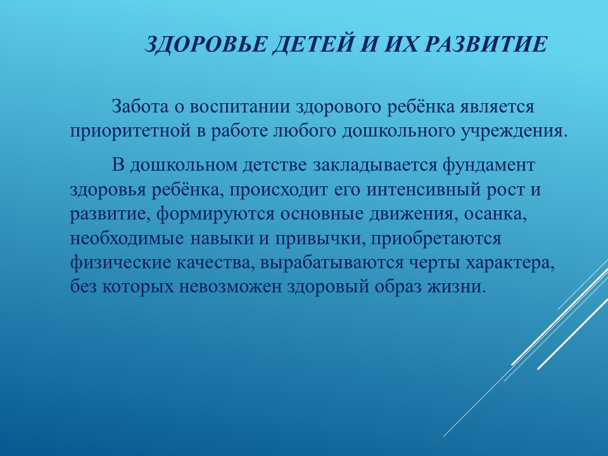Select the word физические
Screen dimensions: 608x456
(120, 263)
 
